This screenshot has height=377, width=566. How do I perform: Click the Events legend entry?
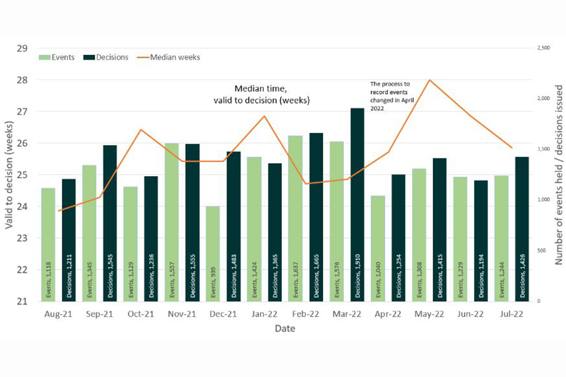(x=57, y=57)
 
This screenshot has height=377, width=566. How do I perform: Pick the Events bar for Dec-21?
(x=213, y=254)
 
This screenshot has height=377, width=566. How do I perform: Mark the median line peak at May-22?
(x=429, y=80)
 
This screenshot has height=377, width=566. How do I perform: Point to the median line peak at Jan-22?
(x=264, y=116)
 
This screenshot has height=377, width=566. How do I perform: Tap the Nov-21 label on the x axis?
(x=182, y=315)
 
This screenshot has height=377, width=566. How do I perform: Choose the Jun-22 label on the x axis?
(x=470, y=315)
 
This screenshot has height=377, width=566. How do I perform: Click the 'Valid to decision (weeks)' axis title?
(x=9, y=174)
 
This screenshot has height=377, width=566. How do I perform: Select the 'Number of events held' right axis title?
(x=558, y=174)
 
